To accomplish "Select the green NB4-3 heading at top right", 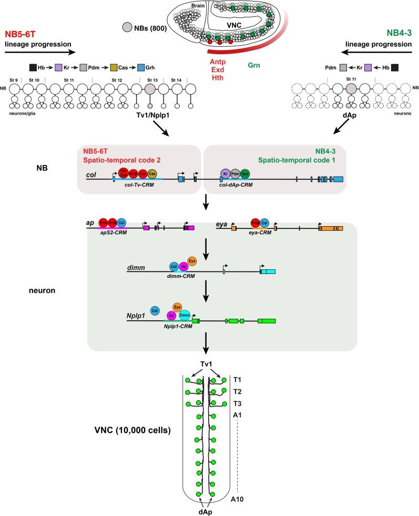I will point(397,33).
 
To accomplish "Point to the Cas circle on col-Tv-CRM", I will point(152,174).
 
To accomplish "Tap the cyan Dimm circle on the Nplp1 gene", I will point(185,315).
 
